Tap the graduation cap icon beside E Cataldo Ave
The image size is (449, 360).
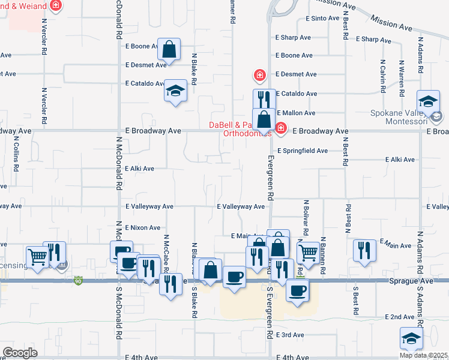(175, 91)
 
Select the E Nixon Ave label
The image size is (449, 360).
(143, 228)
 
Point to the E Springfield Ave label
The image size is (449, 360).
(302, 151)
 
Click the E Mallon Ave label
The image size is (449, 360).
(295, 113)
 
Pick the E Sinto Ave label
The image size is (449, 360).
(322, 19)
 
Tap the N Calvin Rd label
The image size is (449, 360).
(382, 76)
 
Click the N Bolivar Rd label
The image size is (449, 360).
(306, 218)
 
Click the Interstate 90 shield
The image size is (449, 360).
(78, 280)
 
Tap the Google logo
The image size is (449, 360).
(20, 352)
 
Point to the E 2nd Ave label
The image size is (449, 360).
(400, 316)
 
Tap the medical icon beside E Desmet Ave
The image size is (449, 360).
(259, 76)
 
